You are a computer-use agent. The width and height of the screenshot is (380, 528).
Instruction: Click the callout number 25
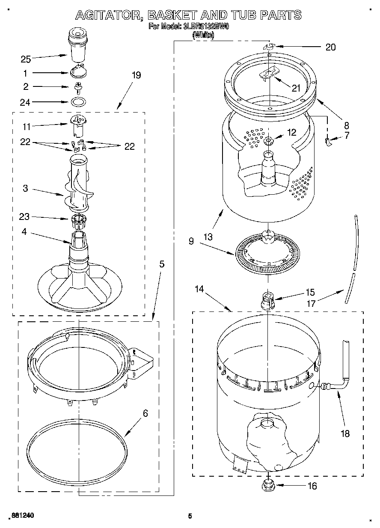coord(26,59)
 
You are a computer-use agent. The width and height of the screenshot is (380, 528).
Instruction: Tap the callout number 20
coord(330,47)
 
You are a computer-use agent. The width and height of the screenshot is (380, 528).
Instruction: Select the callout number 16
coord(312,486)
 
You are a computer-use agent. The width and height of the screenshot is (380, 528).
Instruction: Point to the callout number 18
coord(344,433)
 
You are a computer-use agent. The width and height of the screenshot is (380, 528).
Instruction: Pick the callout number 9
coord(191,241)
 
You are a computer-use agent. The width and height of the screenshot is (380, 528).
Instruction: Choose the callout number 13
coord(208,237)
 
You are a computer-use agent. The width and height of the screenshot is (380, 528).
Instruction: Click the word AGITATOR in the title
coord(109,15)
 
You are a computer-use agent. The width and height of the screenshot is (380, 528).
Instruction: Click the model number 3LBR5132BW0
coord(206,27)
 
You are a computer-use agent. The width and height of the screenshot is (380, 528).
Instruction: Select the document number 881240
coord(21,516)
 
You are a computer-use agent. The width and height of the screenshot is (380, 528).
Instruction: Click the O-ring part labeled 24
coord(77,102)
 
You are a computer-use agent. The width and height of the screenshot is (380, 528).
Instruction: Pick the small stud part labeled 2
coord(78,87)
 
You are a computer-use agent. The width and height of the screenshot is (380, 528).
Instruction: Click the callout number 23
coord(24,217)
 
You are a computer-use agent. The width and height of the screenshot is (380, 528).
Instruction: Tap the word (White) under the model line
coord(203,36)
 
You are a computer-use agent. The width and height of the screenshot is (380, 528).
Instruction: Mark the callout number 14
coord(199,289)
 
